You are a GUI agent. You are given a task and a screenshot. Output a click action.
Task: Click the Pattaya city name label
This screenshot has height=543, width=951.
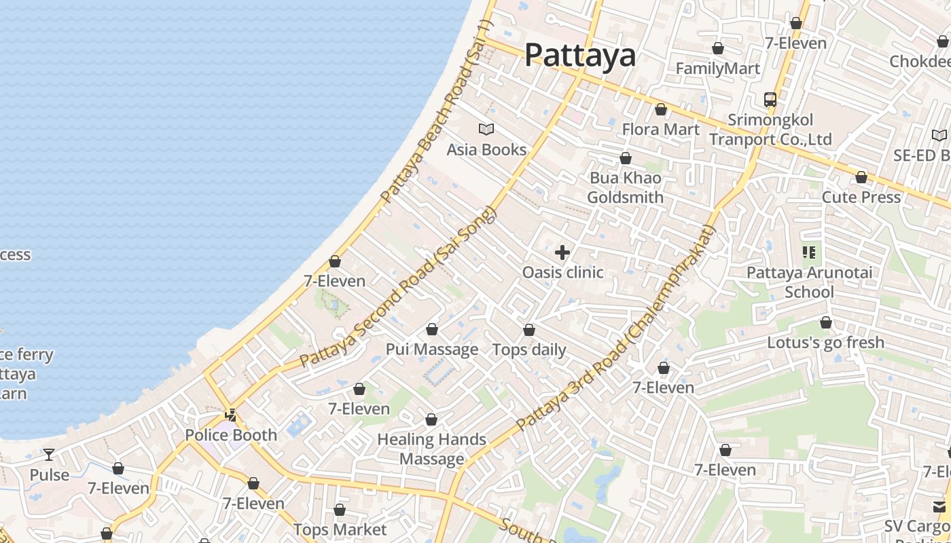(x=580, y=55)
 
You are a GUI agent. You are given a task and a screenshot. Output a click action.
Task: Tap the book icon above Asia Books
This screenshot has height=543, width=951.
(x=486, y=129)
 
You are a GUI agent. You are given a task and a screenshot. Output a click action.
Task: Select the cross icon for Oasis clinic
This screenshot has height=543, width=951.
(x=562, y=252)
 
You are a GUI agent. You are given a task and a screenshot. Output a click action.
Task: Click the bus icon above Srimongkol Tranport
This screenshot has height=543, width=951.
(x=770, y=100)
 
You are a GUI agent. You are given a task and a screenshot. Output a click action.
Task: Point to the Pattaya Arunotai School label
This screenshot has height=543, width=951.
(x=809, y=282)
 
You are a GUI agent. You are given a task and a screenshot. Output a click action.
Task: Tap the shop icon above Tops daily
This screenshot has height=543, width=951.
(x=529, y=330)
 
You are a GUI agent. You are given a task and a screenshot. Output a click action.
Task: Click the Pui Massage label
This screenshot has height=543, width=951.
(x=432, y=350)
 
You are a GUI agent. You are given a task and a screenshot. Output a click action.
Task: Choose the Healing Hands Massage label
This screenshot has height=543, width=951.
(x=432, y=449)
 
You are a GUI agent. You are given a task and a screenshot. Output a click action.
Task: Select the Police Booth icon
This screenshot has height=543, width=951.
(x=231, y=415)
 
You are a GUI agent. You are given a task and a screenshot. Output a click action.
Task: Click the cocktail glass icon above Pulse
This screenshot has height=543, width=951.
(x=49, y=454)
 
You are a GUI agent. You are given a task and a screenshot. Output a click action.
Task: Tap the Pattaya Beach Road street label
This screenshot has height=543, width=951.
(x=435, y=112)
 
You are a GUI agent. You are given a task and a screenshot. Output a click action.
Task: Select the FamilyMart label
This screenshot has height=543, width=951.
(x=718, y=69)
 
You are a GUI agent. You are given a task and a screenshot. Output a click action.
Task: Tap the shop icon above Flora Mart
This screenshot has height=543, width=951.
(x=661, y=109)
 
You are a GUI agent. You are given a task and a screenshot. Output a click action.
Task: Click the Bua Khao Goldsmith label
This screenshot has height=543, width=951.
(x=625, y=187)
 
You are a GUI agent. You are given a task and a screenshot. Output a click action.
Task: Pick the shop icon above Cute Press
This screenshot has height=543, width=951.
(x=861, y=177)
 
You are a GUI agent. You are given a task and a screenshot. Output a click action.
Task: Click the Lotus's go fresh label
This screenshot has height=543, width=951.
(x=825, y=343)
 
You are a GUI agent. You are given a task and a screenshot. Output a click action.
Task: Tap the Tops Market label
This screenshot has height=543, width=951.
(x=340, y=529)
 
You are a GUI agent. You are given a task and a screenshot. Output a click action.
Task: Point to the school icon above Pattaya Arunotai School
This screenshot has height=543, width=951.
(x=808, y=252)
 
